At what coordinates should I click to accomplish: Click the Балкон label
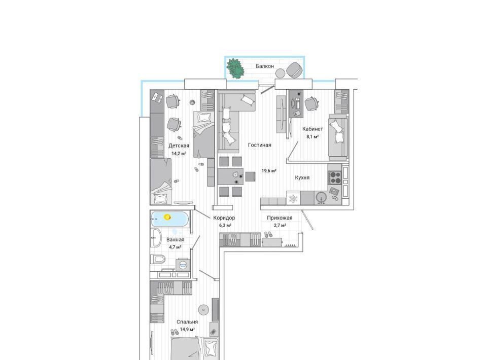(x=265, y=66)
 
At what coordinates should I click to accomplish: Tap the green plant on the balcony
(x=235, y=68)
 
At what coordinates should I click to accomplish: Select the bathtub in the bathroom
(x=169, y=219)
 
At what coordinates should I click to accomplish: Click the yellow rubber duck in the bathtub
(x=167, y=217)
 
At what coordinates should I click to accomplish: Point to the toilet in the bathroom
(x=158, y=259)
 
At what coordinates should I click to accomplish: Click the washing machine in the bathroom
(x=183, y=265)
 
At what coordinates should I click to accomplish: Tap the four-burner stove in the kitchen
(x=335, y=178)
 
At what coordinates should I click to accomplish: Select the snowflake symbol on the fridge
(x=293, y=199)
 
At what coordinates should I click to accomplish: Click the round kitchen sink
(x=321, y=197)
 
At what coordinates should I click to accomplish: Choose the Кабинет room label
(x=312, y=129)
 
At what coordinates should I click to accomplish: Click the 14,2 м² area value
(x=179, y=153)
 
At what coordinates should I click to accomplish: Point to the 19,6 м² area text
(x=269, y=171)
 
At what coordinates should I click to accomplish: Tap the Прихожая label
(x=280, y=218)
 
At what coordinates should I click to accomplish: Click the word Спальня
(x=187, y=322)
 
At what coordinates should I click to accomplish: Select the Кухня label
(x=302, y=177)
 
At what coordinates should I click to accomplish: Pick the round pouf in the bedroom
(x=203, y=309)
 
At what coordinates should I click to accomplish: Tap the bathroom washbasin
(x=156, y=238)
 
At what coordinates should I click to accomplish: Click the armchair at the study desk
(x=311, y=103)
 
